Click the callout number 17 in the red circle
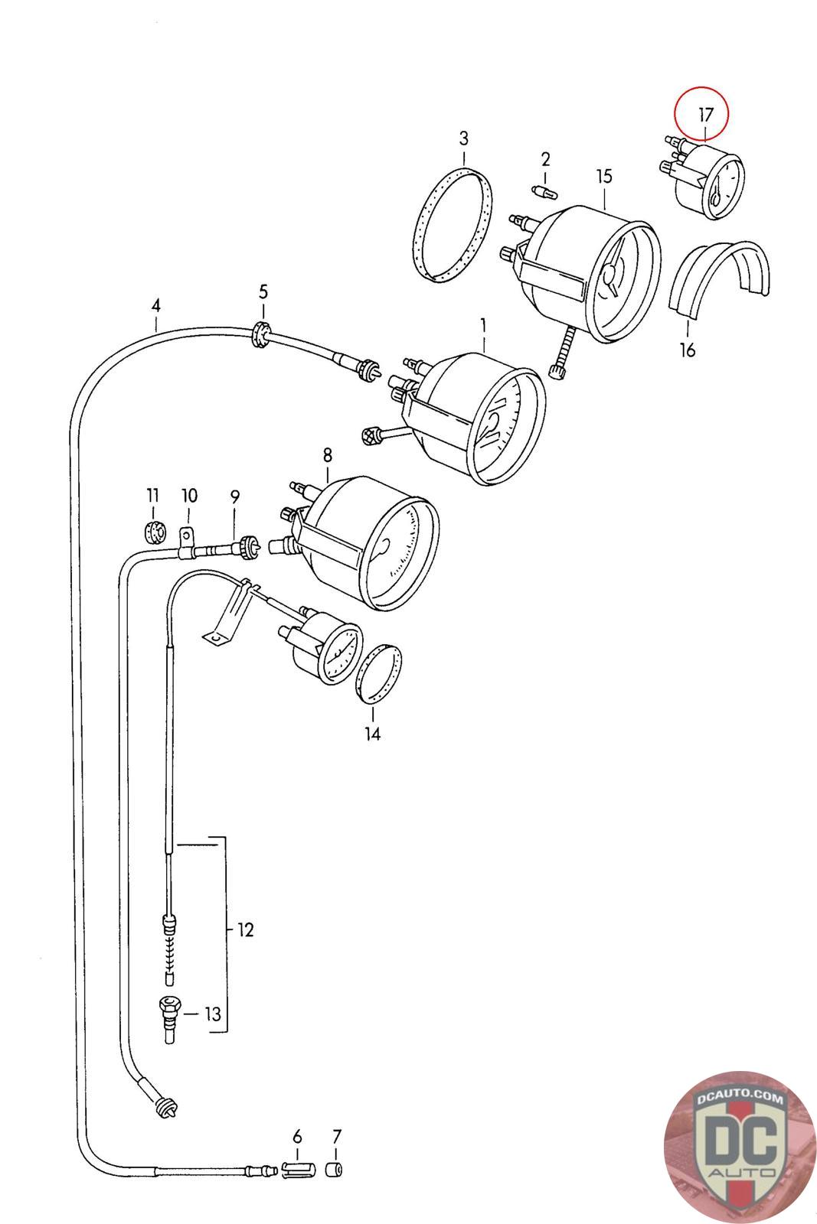coord(705,116)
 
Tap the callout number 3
coord(464,138)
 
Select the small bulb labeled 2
coord(544,192)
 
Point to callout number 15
coord(603,177)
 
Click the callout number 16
coord(687,350)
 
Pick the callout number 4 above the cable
coord(156,305)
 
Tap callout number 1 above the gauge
coord(483,326)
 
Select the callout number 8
coord(328,454)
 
